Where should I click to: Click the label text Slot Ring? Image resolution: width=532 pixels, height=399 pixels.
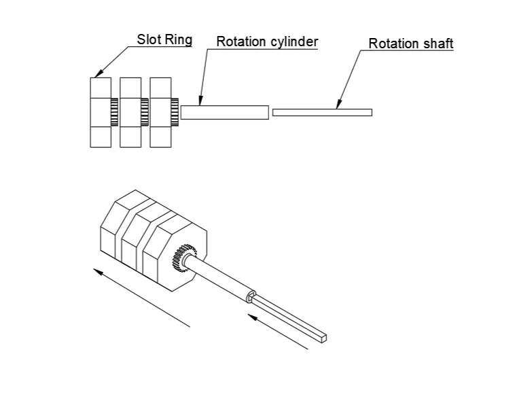pos(164,39)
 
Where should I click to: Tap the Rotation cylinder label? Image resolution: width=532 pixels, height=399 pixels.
pos(267,41)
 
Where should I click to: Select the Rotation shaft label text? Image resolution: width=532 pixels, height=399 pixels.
pos(410,44)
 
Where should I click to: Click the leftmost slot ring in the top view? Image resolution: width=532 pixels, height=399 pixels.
pos(101,112)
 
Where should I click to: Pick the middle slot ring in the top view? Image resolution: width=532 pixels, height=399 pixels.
pos(130,112)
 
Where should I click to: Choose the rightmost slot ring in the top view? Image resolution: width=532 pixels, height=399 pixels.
pos(160,112)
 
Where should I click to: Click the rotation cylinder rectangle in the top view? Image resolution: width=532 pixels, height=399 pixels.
pos(225,112)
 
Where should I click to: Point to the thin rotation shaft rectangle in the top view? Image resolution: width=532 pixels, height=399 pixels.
pos(322,112)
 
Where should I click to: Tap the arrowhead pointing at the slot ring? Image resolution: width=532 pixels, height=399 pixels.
pos(97,75)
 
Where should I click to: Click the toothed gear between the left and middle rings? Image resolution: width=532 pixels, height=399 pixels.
pos(115,112)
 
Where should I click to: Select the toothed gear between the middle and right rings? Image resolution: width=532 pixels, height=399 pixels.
pos(145,112)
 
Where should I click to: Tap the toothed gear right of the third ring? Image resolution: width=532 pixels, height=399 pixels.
pos(175,112)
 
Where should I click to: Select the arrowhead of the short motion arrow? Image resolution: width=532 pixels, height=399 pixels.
pos(251,315)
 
